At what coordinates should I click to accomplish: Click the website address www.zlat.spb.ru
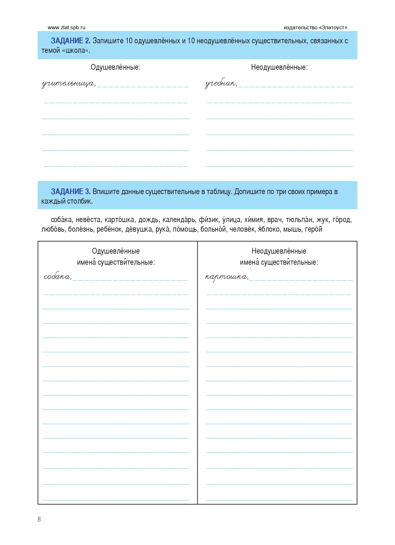[x=67, y=28]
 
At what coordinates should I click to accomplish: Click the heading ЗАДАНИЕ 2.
[x=71, y=41]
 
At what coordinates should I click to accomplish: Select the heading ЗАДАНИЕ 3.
[x=71, y=192]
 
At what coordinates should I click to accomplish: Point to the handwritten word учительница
[x=68, y=84]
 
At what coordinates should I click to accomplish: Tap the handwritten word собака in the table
[x=57, y=277]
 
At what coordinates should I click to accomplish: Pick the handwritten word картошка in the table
[x=226, y=277]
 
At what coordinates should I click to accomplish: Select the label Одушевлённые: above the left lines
[x=115, y=67]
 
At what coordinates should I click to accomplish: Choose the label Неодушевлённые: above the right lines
[x=279, y=67]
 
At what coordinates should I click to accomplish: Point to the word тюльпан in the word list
[x=299, y=220]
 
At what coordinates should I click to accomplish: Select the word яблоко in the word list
[x=269, y=229]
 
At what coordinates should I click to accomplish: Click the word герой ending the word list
[x=313, y=229]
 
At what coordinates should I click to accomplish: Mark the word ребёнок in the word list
[x=109, y=229]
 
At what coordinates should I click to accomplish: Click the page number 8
[x=39, y=519]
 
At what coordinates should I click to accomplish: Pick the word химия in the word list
[x=254, y=220]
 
